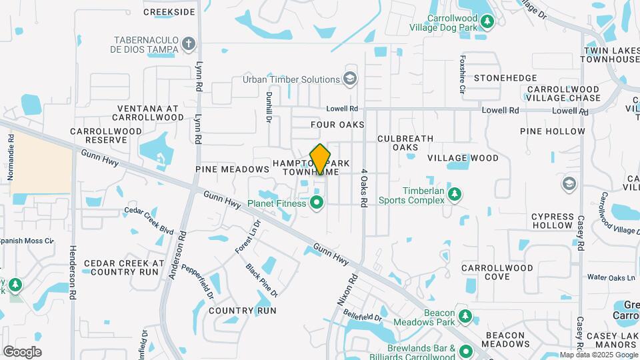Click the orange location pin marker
(320, 159)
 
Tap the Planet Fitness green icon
(317, 202)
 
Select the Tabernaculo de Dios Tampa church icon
(189, 45)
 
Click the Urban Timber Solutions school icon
(349, 79)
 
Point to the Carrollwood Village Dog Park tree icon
(488, 22)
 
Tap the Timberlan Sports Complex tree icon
(455, 194)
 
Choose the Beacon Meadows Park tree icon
(465, 316)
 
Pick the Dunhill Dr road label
(270, 107)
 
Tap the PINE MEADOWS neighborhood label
(232, 169)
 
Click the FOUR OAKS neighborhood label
(337, 125)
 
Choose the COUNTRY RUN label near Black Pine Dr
(242, 311)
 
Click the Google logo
(23, 352)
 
